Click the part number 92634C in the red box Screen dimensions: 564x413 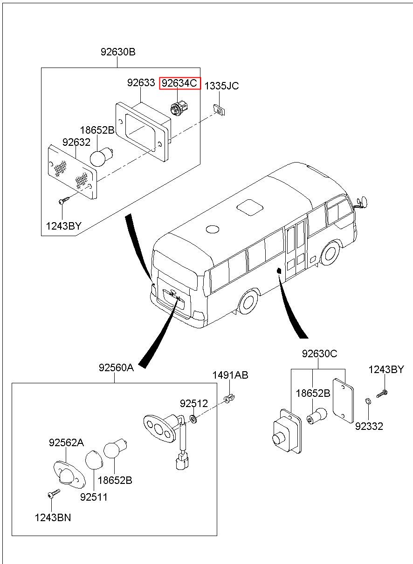pos(180,84)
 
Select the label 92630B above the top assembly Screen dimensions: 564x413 pos(118,52)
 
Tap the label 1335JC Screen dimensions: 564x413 pos(221,86)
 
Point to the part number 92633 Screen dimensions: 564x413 pos(141,83)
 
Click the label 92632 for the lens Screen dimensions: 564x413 pos(76,142)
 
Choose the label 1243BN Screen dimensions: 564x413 pos(53,517)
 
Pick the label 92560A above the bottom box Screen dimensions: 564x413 pos(116,367)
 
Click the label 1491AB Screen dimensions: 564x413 pos(230,375)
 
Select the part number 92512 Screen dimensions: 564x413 pos(194,403)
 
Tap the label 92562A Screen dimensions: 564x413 pos(66,442)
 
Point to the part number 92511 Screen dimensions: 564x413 pos(94,497)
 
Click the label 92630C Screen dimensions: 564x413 pos(319,353)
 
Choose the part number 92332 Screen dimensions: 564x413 pos(369,426)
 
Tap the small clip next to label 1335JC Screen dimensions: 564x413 pos(218,109)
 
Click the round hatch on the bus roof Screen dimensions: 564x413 pos(213,229)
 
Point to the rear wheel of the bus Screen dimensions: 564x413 pos(248,301)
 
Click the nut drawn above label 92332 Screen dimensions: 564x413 pos(367,401)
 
